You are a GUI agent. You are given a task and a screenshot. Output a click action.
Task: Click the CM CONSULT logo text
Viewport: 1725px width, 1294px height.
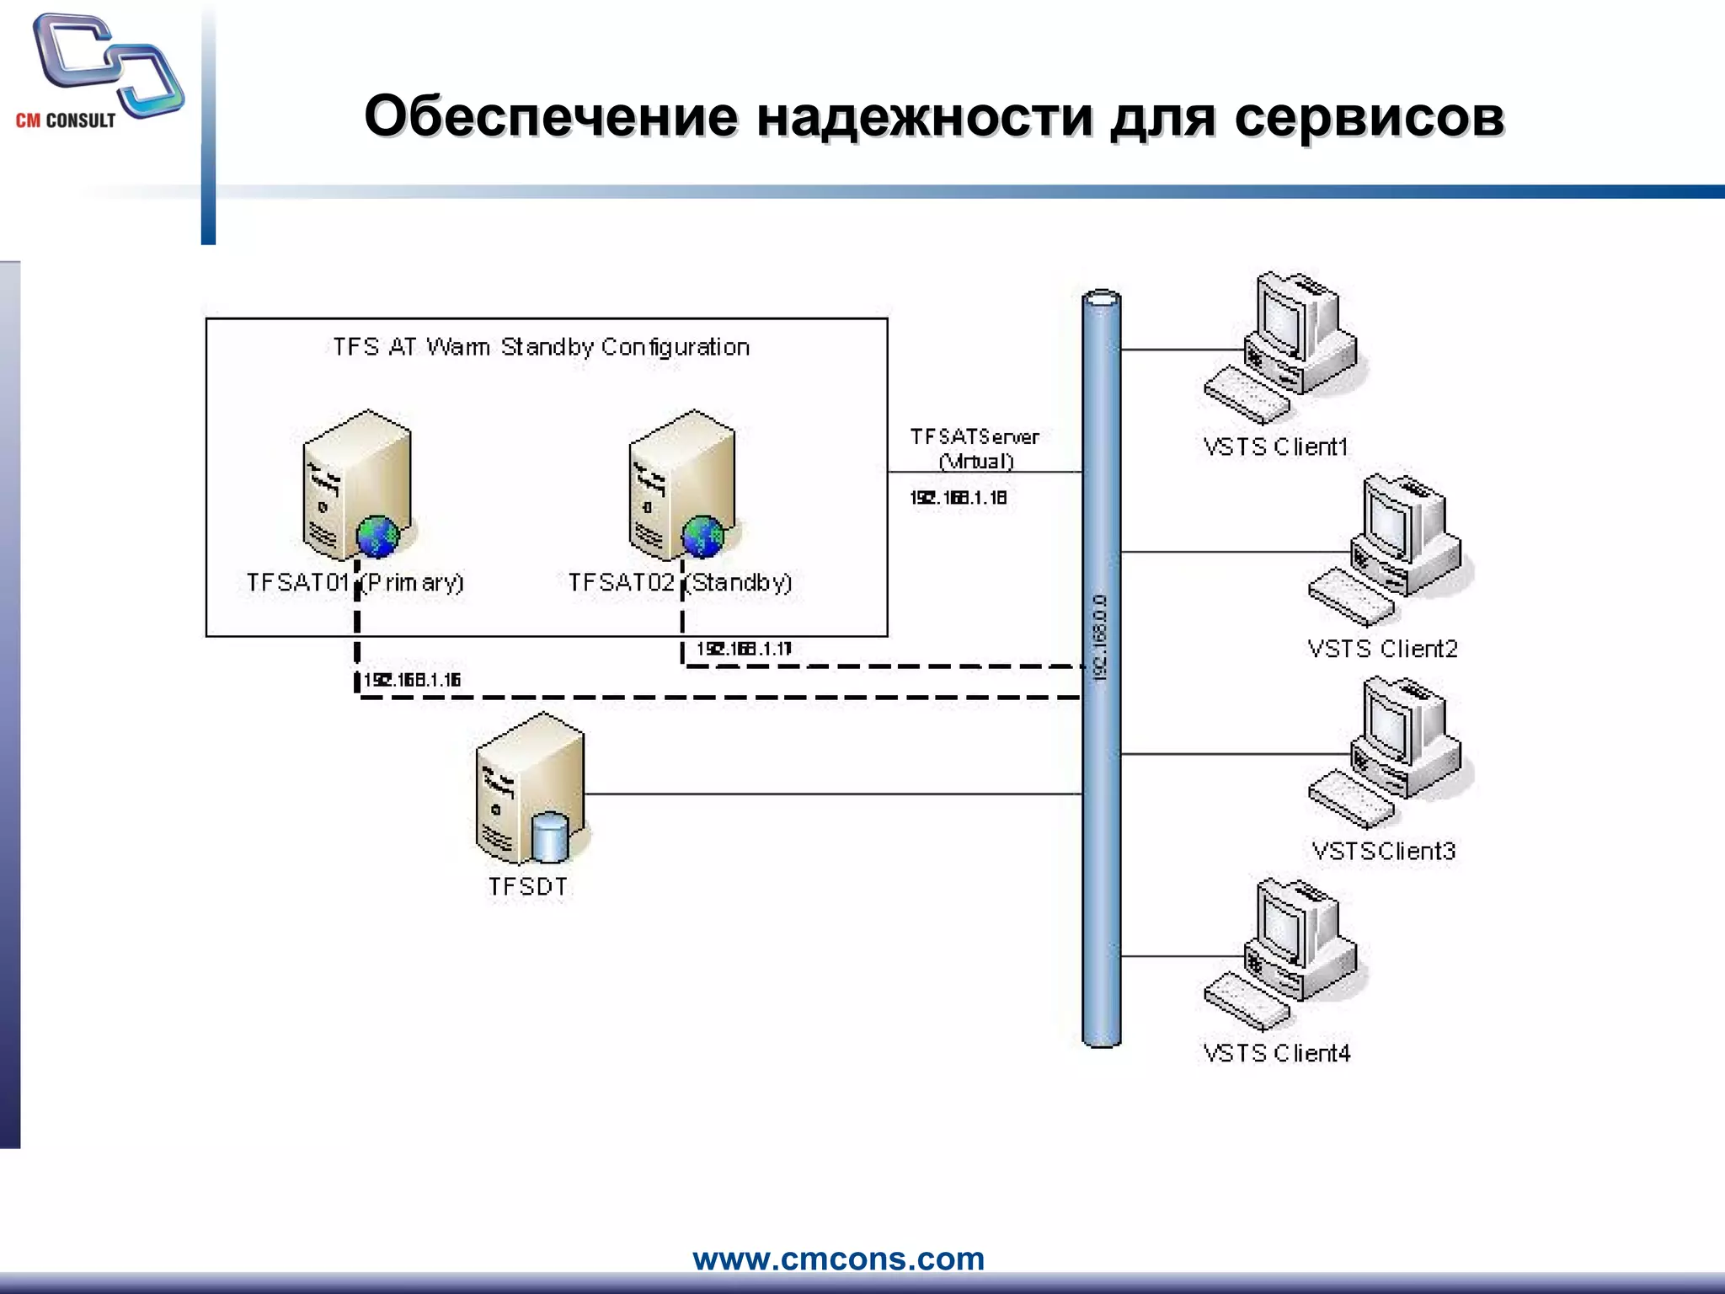(66, 120)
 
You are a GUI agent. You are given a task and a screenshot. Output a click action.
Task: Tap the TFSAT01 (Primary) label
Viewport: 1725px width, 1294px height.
(355, 582)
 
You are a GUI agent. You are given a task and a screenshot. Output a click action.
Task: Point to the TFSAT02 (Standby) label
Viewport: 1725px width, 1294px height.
(680, 582)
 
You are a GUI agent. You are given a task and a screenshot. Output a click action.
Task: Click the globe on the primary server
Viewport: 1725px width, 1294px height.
(377, 536)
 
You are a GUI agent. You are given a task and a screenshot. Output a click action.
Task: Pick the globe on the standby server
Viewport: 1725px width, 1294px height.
(702, 536)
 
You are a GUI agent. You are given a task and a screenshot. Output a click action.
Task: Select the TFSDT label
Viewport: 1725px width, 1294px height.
(528, 886)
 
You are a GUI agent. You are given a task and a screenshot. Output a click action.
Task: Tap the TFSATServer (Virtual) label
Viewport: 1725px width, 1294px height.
(975, 448)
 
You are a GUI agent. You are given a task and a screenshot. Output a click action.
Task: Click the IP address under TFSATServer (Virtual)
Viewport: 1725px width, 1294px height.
(958, 498)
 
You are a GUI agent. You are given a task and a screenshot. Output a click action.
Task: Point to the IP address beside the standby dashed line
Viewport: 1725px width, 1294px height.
(744, 649)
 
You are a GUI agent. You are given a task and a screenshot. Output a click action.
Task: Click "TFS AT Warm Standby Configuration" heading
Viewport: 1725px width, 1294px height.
(541, 347)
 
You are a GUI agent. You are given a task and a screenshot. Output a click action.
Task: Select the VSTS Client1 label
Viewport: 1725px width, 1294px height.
(1275, 446)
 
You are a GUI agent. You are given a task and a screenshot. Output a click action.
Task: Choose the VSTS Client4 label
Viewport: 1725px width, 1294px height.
(1276, 1053)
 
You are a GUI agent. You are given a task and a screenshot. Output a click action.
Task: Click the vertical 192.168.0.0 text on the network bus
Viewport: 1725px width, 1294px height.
(1101, 637)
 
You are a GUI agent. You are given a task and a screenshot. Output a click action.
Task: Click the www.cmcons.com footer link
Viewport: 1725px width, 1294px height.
(838, 1259)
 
